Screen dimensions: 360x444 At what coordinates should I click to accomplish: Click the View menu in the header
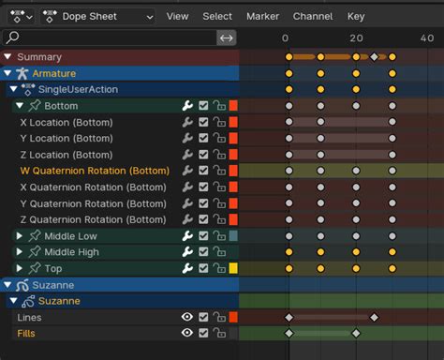(177, 16)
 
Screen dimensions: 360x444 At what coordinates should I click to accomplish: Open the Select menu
(217, 16)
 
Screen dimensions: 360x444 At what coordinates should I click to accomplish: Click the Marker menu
(262, 16)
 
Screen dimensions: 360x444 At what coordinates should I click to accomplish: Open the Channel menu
(312, 16)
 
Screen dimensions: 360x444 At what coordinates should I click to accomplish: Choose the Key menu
(356, 16)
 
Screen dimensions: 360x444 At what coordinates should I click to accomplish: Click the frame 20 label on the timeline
(356, 37)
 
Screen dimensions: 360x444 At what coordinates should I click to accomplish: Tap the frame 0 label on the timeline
(286, 37)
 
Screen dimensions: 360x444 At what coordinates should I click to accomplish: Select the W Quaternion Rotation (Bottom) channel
(95, 171)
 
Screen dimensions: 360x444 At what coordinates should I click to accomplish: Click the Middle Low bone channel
(70, 236)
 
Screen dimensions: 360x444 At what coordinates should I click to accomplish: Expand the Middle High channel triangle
(20, 252)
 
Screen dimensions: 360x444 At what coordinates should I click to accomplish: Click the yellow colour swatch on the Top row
(233, 268)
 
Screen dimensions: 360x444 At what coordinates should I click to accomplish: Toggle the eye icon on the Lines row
(186, 317)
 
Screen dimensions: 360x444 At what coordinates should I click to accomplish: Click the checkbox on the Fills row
(203, 333)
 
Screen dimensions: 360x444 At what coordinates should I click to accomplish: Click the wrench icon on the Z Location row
(187, 155)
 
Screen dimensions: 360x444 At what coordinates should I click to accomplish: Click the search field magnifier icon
(13, 37)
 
